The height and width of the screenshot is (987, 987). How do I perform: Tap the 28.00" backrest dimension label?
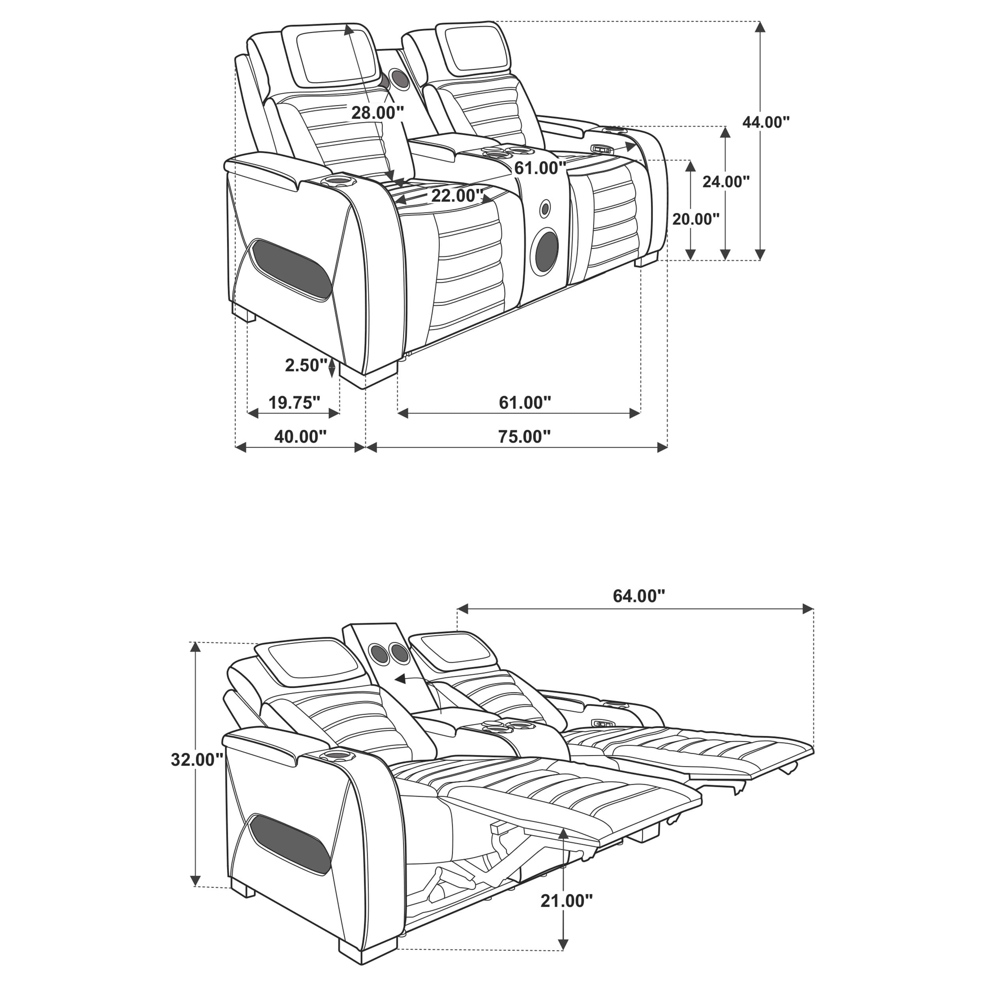tap(377, 113)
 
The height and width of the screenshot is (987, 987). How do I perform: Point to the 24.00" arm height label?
tap(725, 181)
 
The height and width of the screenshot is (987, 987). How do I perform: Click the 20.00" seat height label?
tap(695, 219)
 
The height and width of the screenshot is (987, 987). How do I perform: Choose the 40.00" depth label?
tap(300, 437)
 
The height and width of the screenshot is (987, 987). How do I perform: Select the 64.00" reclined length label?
tap(638, 596)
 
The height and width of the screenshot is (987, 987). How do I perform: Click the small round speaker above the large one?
tap(546, 208)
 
